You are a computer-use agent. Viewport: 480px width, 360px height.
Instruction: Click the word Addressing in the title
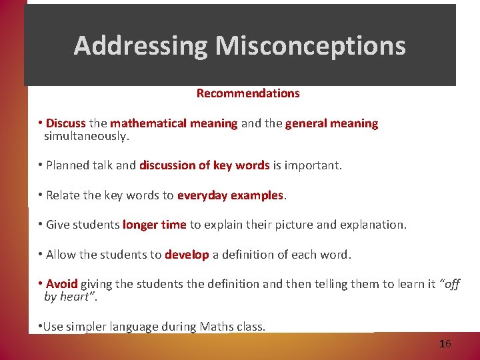coord(141,45)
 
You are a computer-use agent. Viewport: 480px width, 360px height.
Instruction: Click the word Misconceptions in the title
coord(310,45)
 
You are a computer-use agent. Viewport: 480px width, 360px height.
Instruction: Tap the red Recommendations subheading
coord(248,93)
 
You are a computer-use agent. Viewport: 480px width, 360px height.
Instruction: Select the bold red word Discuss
coord(66,123)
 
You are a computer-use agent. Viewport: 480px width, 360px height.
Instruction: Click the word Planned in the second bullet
coord(70,165)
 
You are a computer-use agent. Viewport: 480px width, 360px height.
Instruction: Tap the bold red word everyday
coord(202,195)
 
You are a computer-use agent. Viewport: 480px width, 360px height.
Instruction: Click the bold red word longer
coord(140,225)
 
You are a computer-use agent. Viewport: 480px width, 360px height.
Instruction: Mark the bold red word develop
coord(187,255)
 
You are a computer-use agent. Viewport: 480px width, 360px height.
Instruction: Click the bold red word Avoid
coord(62,284)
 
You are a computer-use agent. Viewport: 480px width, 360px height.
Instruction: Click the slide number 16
coord(445,344)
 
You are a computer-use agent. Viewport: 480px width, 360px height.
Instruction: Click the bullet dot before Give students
coord(41,225)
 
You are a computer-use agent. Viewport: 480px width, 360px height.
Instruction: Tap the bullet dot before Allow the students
coord(41,255)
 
